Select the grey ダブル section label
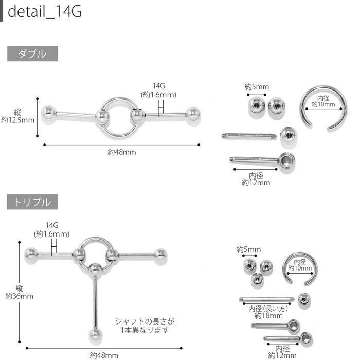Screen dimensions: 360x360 [x=32, y=54]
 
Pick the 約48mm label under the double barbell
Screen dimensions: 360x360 [x=122, y=152]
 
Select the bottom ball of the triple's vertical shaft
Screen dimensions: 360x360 [x=96, y=334]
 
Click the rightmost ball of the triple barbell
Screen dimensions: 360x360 [x=160, y=256]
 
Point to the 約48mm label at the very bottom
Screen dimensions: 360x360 [x=104, y=355]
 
